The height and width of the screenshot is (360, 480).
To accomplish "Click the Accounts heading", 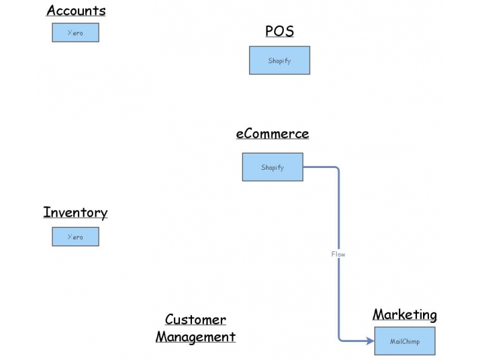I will (76, 11).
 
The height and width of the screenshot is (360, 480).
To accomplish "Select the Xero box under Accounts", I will (75, 32).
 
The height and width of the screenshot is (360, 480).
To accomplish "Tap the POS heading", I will (280, 31).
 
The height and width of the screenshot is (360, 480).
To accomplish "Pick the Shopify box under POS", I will (280, 61).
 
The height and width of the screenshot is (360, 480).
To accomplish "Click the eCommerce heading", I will (272, 134).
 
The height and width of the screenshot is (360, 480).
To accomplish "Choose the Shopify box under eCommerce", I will (272, 167).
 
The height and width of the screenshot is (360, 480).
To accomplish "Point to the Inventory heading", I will (76, 212).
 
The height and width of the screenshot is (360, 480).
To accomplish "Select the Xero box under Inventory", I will (75, 237).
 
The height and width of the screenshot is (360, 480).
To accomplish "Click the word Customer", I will (196, 320).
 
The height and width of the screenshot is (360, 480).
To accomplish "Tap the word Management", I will (196, 337).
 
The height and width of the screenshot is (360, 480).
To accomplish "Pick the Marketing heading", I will (404, 314).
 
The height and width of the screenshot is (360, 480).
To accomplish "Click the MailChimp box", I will (404, 341).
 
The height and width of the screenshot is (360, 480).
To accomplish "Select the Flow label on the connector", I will (338, 254).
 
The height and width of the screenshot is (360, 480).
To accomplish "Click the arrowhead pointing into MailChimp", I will (370, 341).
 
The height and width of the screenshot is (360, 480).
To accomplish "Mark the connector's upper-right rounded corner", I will (337, 169).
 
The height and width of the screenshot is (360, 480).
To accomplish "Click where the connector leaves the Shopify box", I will (304, 167).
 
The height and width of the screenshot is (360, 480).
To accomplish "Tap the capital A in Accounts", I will (51, 11).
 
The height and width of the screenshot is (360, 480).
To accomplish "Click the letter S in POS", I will (289, 31).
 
